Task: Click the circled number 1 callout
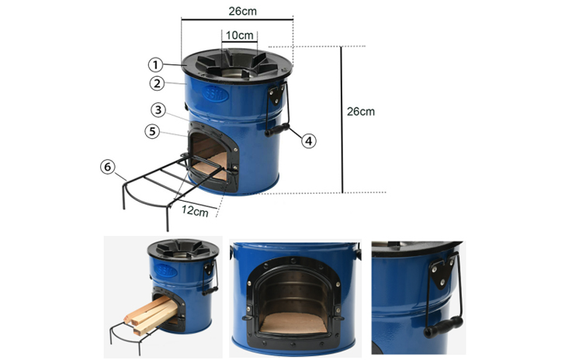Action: pyautogui.click(x=155, y=65)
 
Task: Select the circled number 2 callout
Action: pyautogui.click(x=157, y=83)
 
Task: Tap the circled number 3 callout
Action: pyautogui.click(x=158, y=110)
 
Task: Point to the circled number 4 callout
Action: pyautogui.click(x=308, y=140)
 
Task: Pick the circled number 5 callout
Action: pyautogui.click(x=152, y=131)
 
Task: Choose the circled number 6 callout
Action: pyautogui.click(x=107, y=167)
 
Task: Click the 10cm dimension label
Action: pyautogui.click(x=240, y=35)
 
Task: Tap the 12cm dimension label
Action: pyautogui.click(x=196, y=210)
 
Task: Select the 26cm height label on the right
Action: pyautogui.click(x=361, y=111)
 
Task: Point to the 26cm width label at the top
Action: pyautogui.click(x=242, y=11)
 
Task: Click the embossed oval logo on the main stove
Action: pyautogui.click(x=216, y=94)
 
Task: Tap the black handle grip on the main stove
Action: pyautogui.click(x=277, y=130)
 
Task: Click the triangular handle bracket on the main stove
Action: pyautogui.click(x=276, y=93)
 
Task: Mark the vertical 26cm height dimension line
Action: pyautogui.click(x=342, y=119)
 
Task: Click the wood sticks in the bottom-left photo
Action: pyautogui.click(x=151, y=313)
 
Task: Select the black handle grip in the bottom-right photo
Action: pyautogui.click(x=443, y=327)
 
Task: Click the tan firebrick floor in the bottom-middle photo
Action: pyautogui.click(x=293, y=323)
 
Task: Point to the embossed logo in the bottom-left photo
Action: pyautogui.click(x=166, y=271)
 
